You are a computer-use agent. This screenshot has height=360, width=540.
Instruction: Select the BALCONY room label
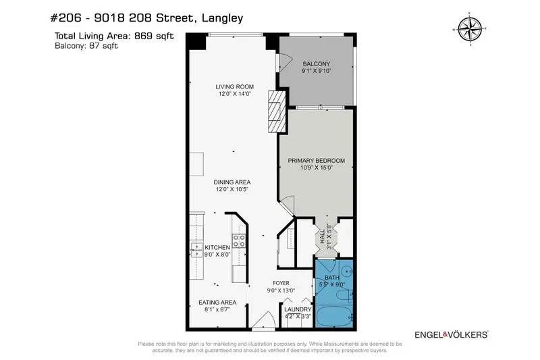[x=315, y=63]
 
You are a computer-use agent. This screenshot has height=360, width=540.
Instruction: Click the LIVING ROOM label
[x=234, y=86]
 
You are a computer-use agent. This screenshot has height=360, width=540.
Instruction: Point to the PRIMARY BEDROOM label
[x=316, y=161]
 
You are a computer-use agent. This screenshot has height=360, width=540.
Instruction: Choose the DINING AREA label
[x=233, y=182]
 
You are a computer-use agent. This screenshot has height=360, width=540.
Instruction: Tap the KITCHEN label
[x=217, y=248]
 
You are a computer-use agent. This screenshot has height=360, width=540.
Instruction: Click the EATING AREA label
[x=217, y=303]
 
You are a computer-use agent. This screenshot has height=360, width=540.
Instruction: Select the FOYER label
[x=281, y=283]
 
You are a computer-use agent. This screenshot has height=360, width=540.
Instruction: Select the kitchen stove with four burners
[x=239, y=241]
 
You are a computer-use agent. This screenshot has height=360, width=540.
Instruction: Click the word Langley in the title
[x=219, y=19]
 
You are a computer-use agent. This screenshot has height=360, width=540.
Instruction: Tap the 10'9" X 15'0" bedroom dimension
[x=316, y=168]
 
